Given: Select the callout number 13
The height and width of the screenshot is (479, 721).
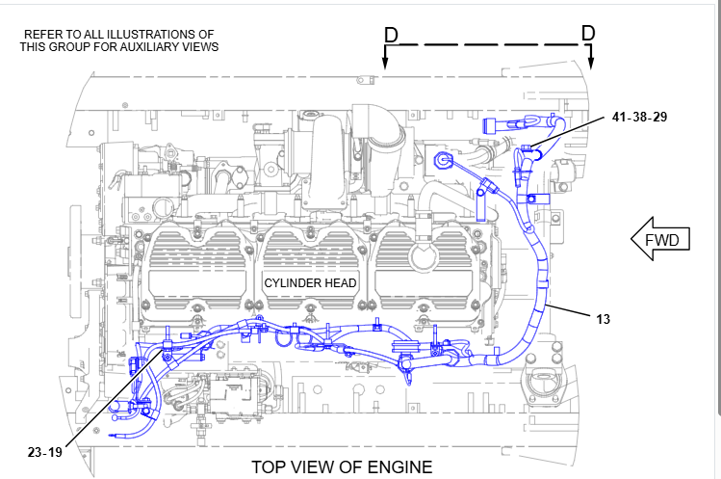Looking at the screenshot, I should tap(603, 318).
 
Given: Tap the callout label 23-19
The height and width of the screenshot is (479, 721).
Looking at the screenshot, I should tap(45, 449).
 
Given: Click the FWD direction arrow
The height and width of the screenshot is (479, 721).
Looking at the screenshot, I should tap(660, 239).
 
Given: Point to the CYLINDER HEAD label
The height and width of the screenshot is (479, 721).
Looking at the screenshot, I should tap(311, 283).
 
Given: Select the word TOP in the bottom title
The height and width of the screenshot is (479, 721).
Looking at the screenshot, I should tap(270, 466).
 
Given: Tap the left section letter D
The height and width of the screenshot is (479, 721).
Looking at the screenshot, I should tap(390, 34).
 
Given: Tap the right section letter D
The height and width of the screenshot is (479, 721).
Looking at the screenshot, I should tap(587, 34).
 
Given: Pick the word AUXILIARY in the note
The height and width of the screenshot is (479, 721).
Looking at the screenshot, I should tap(160, 46).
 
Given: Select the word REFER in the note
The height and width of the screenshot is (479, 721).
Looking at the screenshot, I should tap(42, 34).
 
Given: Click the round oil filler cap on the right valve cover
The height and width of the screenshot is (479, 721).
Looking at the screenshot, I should tap(422, 258).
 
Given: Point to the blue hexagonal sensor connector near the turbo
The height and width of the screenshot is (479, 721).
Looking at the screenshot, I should tap(444, 160).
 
